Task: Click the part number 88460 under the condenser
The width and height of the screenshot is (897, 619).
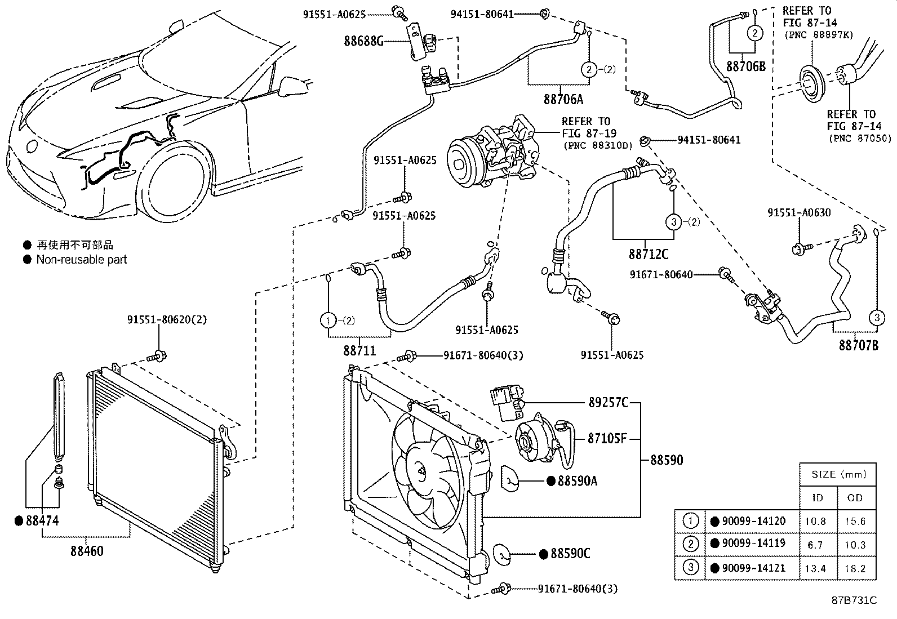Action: (87, 550)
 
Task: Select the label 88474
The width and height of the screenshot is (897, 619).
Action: (42, 521)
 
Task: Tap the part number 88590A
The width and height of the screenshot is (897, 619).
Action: (577, 481)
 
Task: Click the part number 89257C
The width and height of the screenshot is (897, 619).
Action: (608, 403)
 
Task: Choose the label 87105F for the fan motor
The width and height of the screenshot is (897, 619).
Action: (607, 438)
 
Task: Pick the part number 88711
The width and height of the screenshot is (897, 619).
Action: (359, 350)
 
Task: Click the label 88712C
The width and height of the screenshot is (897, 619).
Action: (649, 254)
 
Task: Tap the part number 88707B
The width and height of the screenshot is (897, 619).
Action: (858, 345)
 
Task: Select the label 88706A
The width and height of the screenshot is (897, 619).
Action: (563, 99)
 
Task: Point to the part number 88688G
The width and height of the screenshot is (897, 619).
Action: (364, 41)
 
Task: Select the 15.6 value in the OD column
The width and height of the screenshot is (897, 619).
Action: (854, 522)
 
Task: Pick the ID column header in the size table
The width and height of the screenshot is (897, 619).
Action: (817, 498)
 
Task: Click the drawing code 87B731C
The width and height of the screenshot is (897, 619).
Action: (854, 600)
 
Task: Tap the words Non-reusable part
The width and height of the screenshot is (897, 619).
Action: (82, 260)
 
